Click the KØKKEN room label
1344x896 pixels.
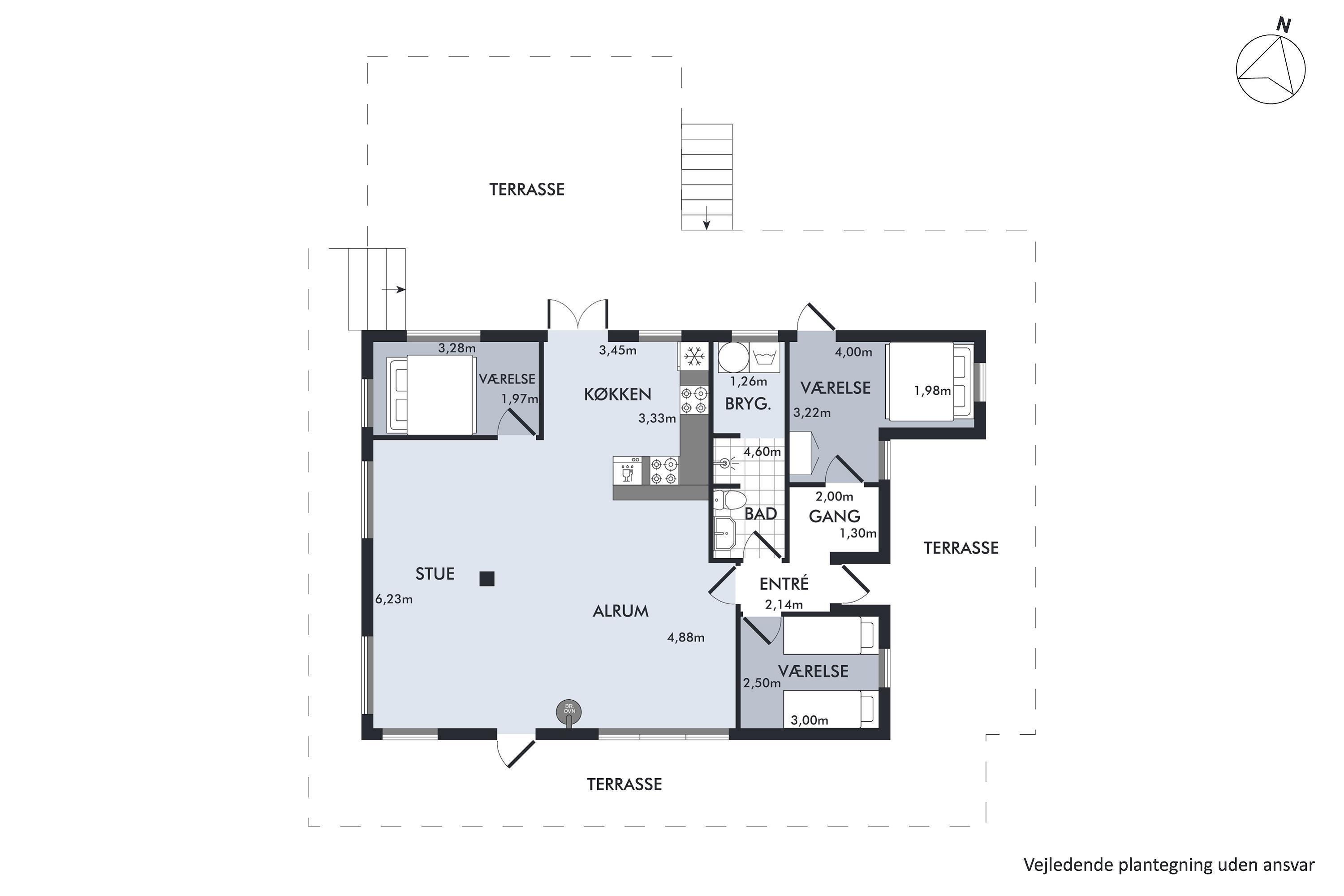click(x=618, y=394)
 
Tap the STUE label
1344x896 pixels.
click(x=435, y=574)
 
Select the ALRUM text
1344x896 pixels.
click(x=620, y=612)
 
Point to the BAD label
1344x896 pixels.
click(x=761, y=514)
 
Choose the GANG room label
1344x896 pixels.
click(x=834, y=516)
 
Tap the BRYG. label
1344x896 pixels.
click(x=748, y=404)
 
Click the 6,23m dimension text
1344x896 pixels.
click(x=394, y=599)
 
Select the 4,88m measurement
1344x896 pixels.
click(x=686, y=637)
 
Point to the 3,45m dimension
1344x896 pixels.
click(x=618, y=350)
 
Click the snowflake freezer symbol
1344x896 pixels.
click(x=694, y=357)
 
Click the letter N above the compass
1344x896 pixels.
click(x=1284, y=25)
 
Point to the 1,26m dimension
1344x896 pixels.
click(x=749, y=381)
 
